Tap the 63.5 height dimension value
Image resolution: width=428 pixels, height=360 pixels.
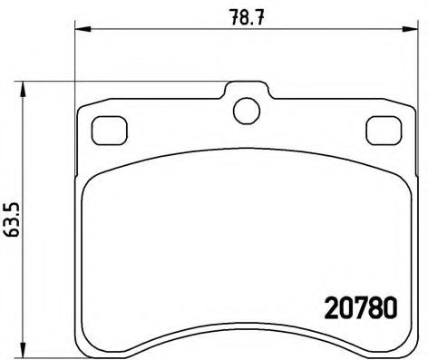(x=13, y=219)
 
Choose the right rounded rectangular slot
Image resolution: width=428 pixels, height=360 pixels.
(x=381, y=131)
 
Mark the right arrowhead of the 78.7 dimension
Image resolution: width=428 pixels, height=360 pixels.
(x=413, y=31)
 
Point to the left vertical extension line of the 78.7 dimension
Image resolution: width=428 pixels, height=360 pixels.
(x=74, y=63)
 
